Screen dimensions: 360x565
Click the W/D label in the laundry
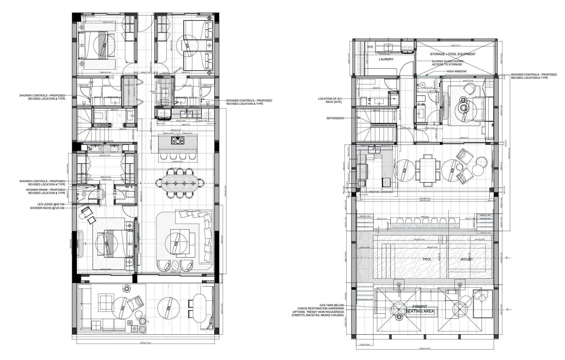click(x=370, y=47)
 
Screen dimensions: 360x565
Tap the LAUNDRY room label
click(x=386, y=59)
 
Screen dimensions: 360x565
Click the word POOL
click(x=427, y=259)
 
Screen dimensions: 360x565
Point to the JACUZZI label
click(x=466, y=259)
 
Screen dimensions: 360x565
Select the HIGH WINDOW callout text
click(x=456, y=72)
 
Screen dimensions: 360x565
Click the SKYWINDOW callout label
click(x=335, y=118)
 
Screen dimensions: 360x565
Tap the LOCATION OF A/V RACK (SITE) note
click(x=330, y=100)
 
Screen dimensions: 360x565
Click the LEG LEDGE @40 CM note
click(x=51, y=204)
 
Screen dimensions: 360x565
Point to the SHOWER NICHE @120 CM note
click(x=47, y=208)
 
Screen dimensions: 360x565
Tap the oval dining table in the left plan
click(x=180, y=183)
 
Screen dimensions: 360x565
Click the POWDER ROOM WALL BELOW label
click(x=383, y=125)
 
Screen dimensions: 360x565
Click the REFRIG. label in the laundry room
click(x=407, y=47)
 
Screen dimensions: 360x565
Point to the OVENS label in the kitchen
click(x=207, y=113)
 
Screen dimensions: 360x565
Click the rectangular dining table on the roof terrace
click(x=428, y=170)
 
